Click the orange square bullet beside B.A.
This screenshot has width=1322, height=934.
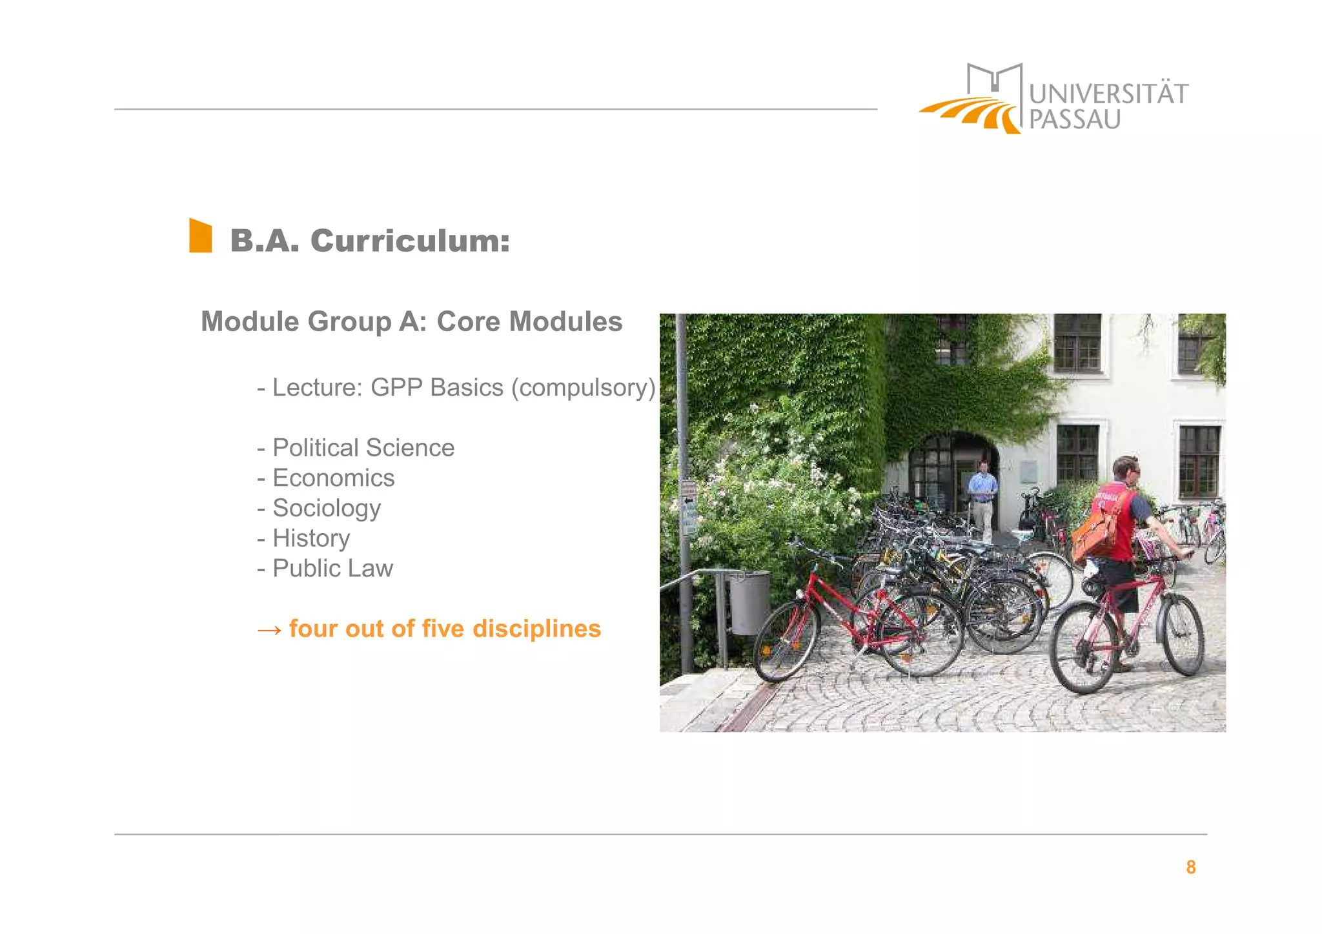pos(200,236)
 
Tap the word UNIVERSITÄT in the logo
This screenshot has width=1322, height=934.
pos(1108,94)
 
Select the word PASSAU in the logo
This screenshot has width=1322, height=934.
pos(1074,120)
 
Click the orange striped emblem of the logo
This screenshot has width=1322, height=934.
pos(971,114)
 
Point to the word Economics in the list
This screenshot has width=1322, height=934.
pos(333,478)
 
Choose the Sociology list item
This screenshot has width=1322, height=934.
pos(326,508)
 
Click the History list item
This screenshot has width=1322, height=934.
pos(310,538)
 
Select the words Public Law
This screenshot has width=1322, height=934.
pos(332,569)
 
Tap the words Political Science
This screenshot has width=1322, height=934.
pos(363,448)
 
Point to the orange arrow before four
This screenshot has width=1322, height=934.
pos(269,629)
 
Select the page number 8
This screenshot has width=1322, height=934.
pos(1190,867)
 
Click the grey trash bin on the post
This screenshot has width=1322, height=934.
pos(749,602)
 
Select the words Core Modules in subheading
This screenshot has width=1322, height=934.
pos(529,321)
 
